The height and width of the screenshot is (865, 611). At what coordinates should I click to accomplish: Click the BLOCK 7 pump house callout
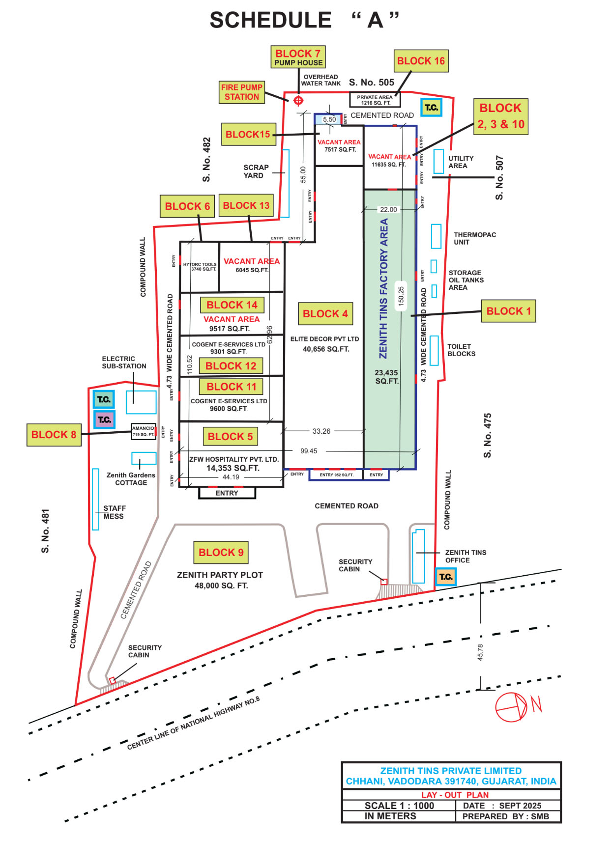point(298,57)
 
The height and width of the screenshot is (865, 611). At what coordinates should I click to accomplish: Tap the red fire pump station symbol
point(298,101)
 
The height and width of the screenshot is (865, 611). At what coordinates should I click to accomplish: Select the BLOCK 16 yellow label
point(421,61)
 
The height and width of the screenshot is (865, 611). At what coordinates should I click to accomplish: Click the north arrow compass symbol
point(512,707)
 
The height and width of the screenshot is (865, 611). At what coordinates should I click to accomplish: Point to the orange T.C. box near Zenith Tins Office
point(446,577)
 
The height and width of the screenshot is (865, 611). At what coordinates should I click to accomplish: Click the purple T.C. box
point(104,419)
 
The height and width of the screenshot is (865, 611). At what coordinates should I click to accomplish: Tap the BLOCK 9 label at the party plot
point(221,553)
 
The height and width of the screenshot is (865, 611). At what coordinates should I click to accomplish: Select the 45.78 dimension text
point(480,652)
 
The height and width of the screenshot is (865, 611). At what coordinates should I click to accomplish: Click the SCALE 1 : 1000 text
point(399,806)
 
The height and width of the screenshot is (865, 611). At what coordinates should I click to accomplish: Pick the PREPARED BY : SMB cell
point(505,816)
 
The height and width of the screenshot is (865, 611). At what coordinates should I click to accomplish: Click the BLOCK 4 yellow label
point(325,314)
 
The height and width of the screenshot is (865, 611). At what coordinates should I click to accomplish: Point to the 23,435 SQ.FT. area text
point(386,377)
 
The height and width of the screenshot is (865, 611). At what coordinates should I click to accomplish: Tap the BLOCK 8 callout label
point(54,435)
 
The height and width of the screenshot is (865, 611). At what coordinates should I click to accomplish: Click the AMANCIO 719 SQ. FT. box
point(144,431)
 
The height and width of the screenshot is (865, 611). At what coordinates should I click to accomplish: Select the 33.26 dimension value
point(321,431)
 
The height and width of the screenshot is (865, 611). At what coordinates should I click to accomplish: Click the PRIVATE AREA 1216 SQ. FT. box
point(375,100)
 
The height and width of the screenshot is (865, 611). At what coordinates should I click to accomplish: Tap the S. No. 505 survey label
point(372,83)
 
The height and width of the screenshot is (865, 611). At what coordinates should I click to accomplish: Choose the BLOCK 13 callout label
point(246,205)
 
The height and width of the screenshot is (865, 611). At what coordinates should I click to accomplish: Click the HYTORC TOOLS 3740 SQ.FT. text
point(200,267)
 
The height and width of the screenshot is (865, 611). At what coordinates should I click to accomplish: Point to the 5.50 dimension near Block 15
point(329,119)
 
